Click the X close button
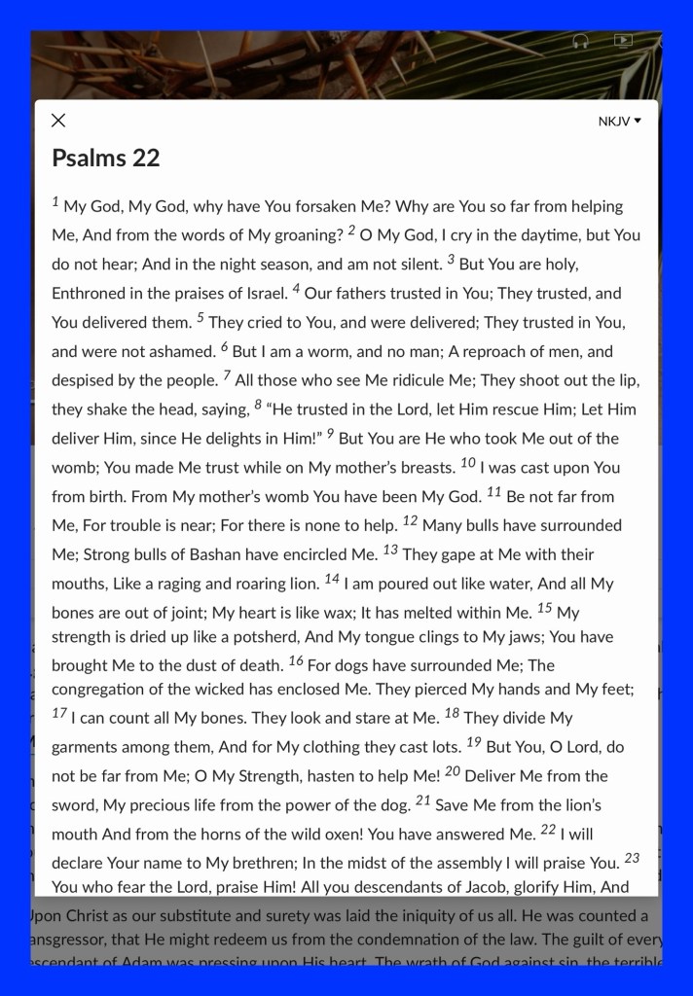tap(58, 121)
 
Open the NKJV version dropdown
tap(620, 122)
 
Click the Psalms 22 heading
tap(105, 159)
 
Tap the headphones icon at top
tap(580, 41)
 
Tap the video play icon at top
tap(623, 41)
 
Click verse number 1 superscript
tap(55, 202)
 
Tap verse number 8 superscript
tap(258, 405)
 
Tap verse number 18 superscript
tap(452, 713)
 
